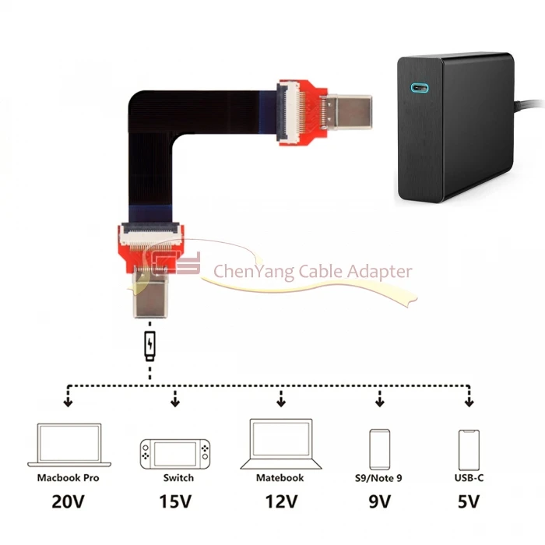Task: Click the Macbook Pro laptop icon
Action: [x=69, y=445]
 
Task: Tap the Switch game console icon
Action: [x=175, y=454]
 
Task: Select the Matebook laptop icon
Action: [x=281, y=445]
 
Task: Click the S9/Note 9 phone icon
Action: [x=380, y=449]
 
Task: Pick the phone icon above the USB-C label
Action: [x=469, y=450]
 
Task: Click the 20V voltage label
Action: [x=69, y=501]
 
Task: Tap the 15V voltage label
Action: [x=175, y=501]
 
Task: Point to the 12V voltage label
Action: [x=281, y=501]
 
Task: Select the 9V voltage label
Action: [x=380, y=501]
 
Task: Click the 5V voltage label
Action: [x=469, y=501]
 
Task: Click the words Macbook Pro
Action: [x=69, y=478]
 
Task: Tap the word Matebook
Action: [x=280, y=478]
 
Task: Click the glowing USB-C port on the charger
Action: [x=420, y=87]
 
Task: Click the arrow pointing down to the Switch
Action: [x=175, y=399]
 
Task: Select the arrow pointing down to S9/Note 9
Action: [x=380, y=399]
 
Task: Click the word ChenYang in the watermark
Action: [x=254, y=272]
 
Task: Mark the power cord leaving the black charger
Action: [x=529, y=104]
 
